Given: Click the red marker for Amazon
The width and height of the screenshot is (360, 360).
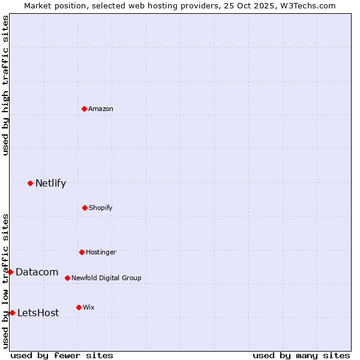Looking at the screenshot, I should (x=84, y=109).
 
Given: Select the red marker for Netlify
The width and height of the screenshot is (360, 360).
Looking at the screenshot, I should (x=30, y=183).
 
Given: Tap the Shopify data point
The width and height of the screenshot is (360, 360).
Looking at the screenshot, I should (x=85, y=208).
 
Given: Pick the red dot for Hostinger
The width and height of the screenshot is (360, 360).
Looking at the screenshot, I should (x=82, y=252).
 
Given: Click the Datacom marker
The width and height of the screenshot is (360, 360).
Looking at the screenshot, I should (x=10, y=272).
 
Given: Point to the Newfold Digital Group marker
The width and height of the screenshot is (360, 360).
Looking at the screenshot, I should (x=67, y=278).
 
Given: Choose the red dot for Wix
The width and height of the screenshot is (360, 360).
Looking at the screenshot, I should (x=79, y=307).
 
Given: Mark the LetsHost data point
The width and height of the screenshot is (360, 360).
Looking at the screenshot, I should (x=12, y=313).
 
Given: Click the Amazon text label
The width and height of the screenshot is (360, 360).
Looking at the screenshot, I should (x=101, y=109).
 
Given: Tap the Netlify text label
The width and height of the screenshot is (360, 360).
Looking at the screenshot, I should (x=50, y=183).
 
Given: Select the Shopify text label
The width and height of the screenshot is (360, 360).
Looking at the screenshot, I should (x=101, y=208).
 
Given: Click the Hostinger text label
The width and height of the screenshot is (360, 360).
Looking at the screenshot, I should (x=101, y=252).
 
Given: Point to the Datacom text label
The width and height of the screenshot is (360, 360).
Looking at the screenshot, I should (x=37, y=272).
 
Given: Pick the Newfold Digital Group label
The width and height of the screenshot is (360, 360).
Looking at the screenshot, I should (x=106, y=278).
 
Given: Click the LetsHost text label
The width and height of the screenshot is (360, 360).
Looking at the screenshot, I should (x=38, y=313).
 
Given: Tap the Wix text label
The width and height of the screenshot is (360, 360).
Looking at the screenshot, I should (x=89, y=307).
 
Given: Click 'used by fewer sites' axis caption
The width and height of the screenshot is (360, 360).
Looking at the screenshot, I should (x=62, y=355).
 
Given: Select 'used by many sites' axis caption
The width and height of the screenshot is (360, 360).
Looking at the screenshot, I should (x=301, y=355).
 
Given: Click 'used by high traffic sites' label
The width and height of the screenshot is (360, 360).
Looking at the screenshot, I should (x=5, y=85).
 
